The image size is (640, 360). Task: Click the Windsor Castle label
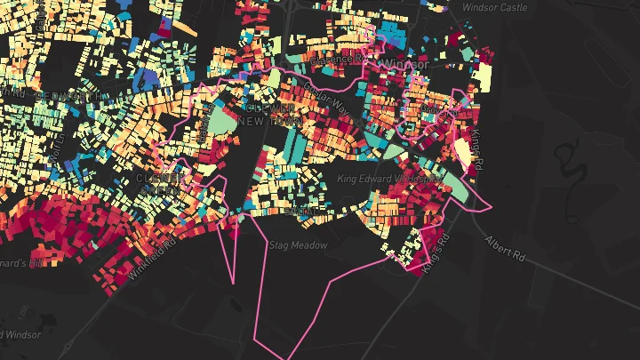(496, 8)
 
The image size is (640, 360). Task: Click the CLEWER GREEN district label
(161, 183)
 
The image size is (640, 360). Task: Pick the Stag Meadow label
(298, 244)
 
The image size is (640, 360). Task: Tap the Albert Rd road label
(504, 248)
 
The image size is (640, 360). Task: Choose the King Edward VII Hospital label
(389, 179)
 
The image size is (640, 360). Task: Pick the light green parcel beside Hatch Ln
(218, 121)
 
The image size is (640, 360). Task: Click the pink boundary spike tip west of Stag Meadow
(234, 283)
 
